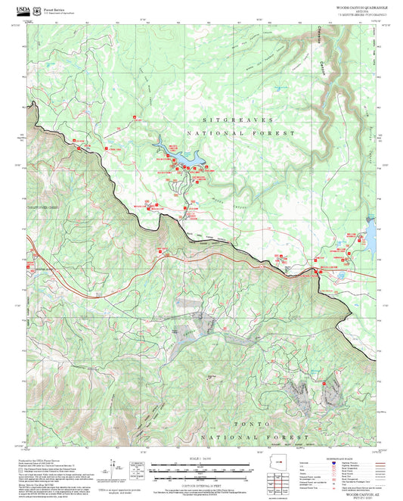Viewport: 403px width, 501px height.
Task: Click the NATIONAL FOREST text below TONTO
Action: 256,438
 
